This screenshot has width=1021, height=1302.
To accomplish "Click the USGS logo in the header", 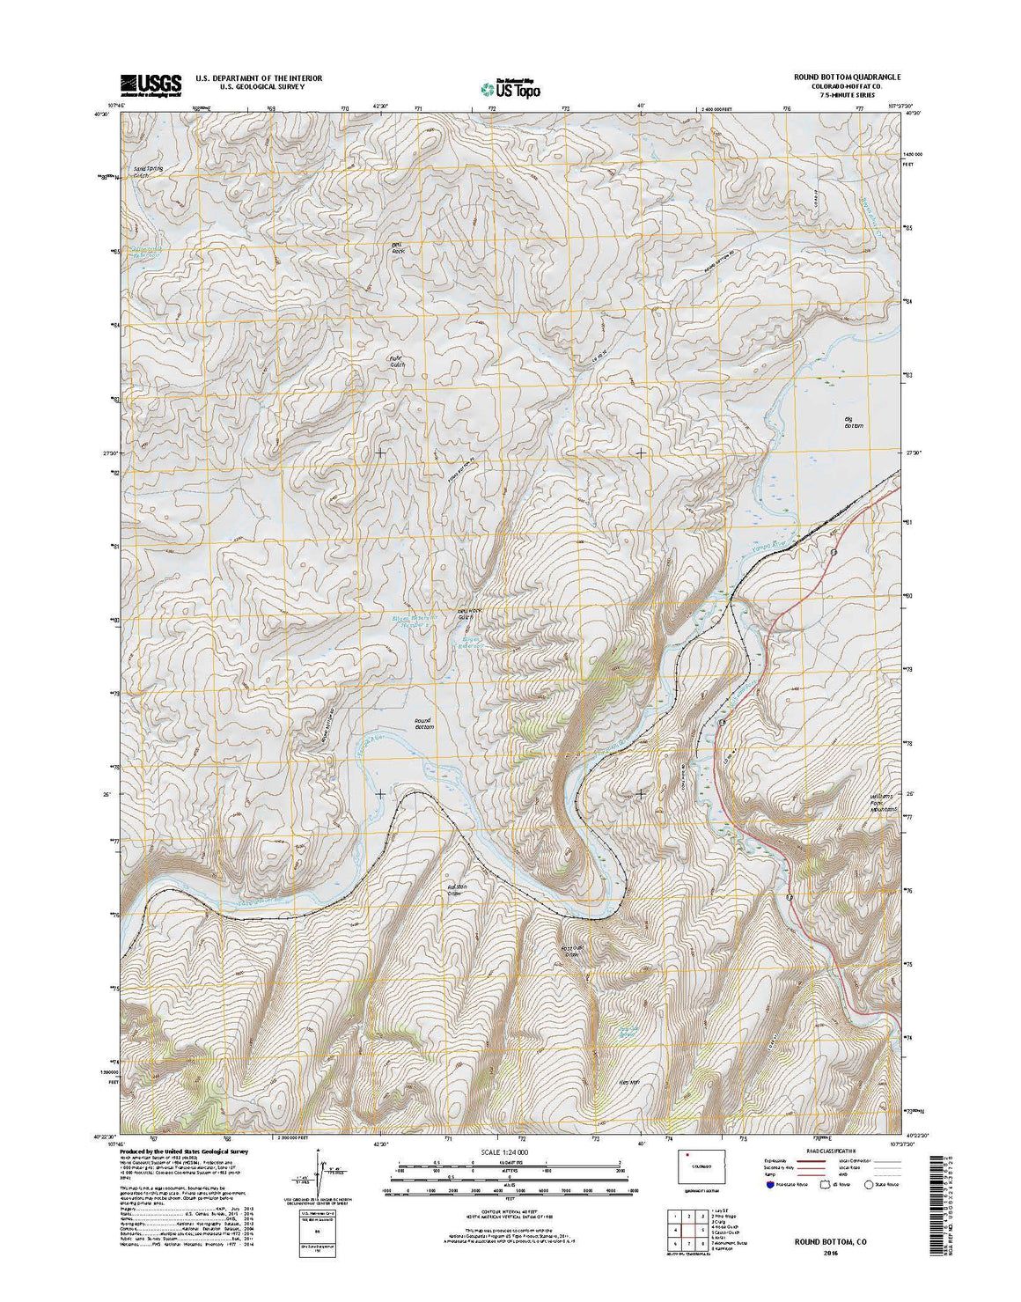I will tap(151, 84).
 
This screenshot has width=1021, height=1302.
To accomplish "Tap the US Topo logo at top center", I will tap(510, 87).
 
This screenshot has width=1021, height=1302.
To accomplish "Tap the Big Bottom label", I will tap(853, 423).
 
